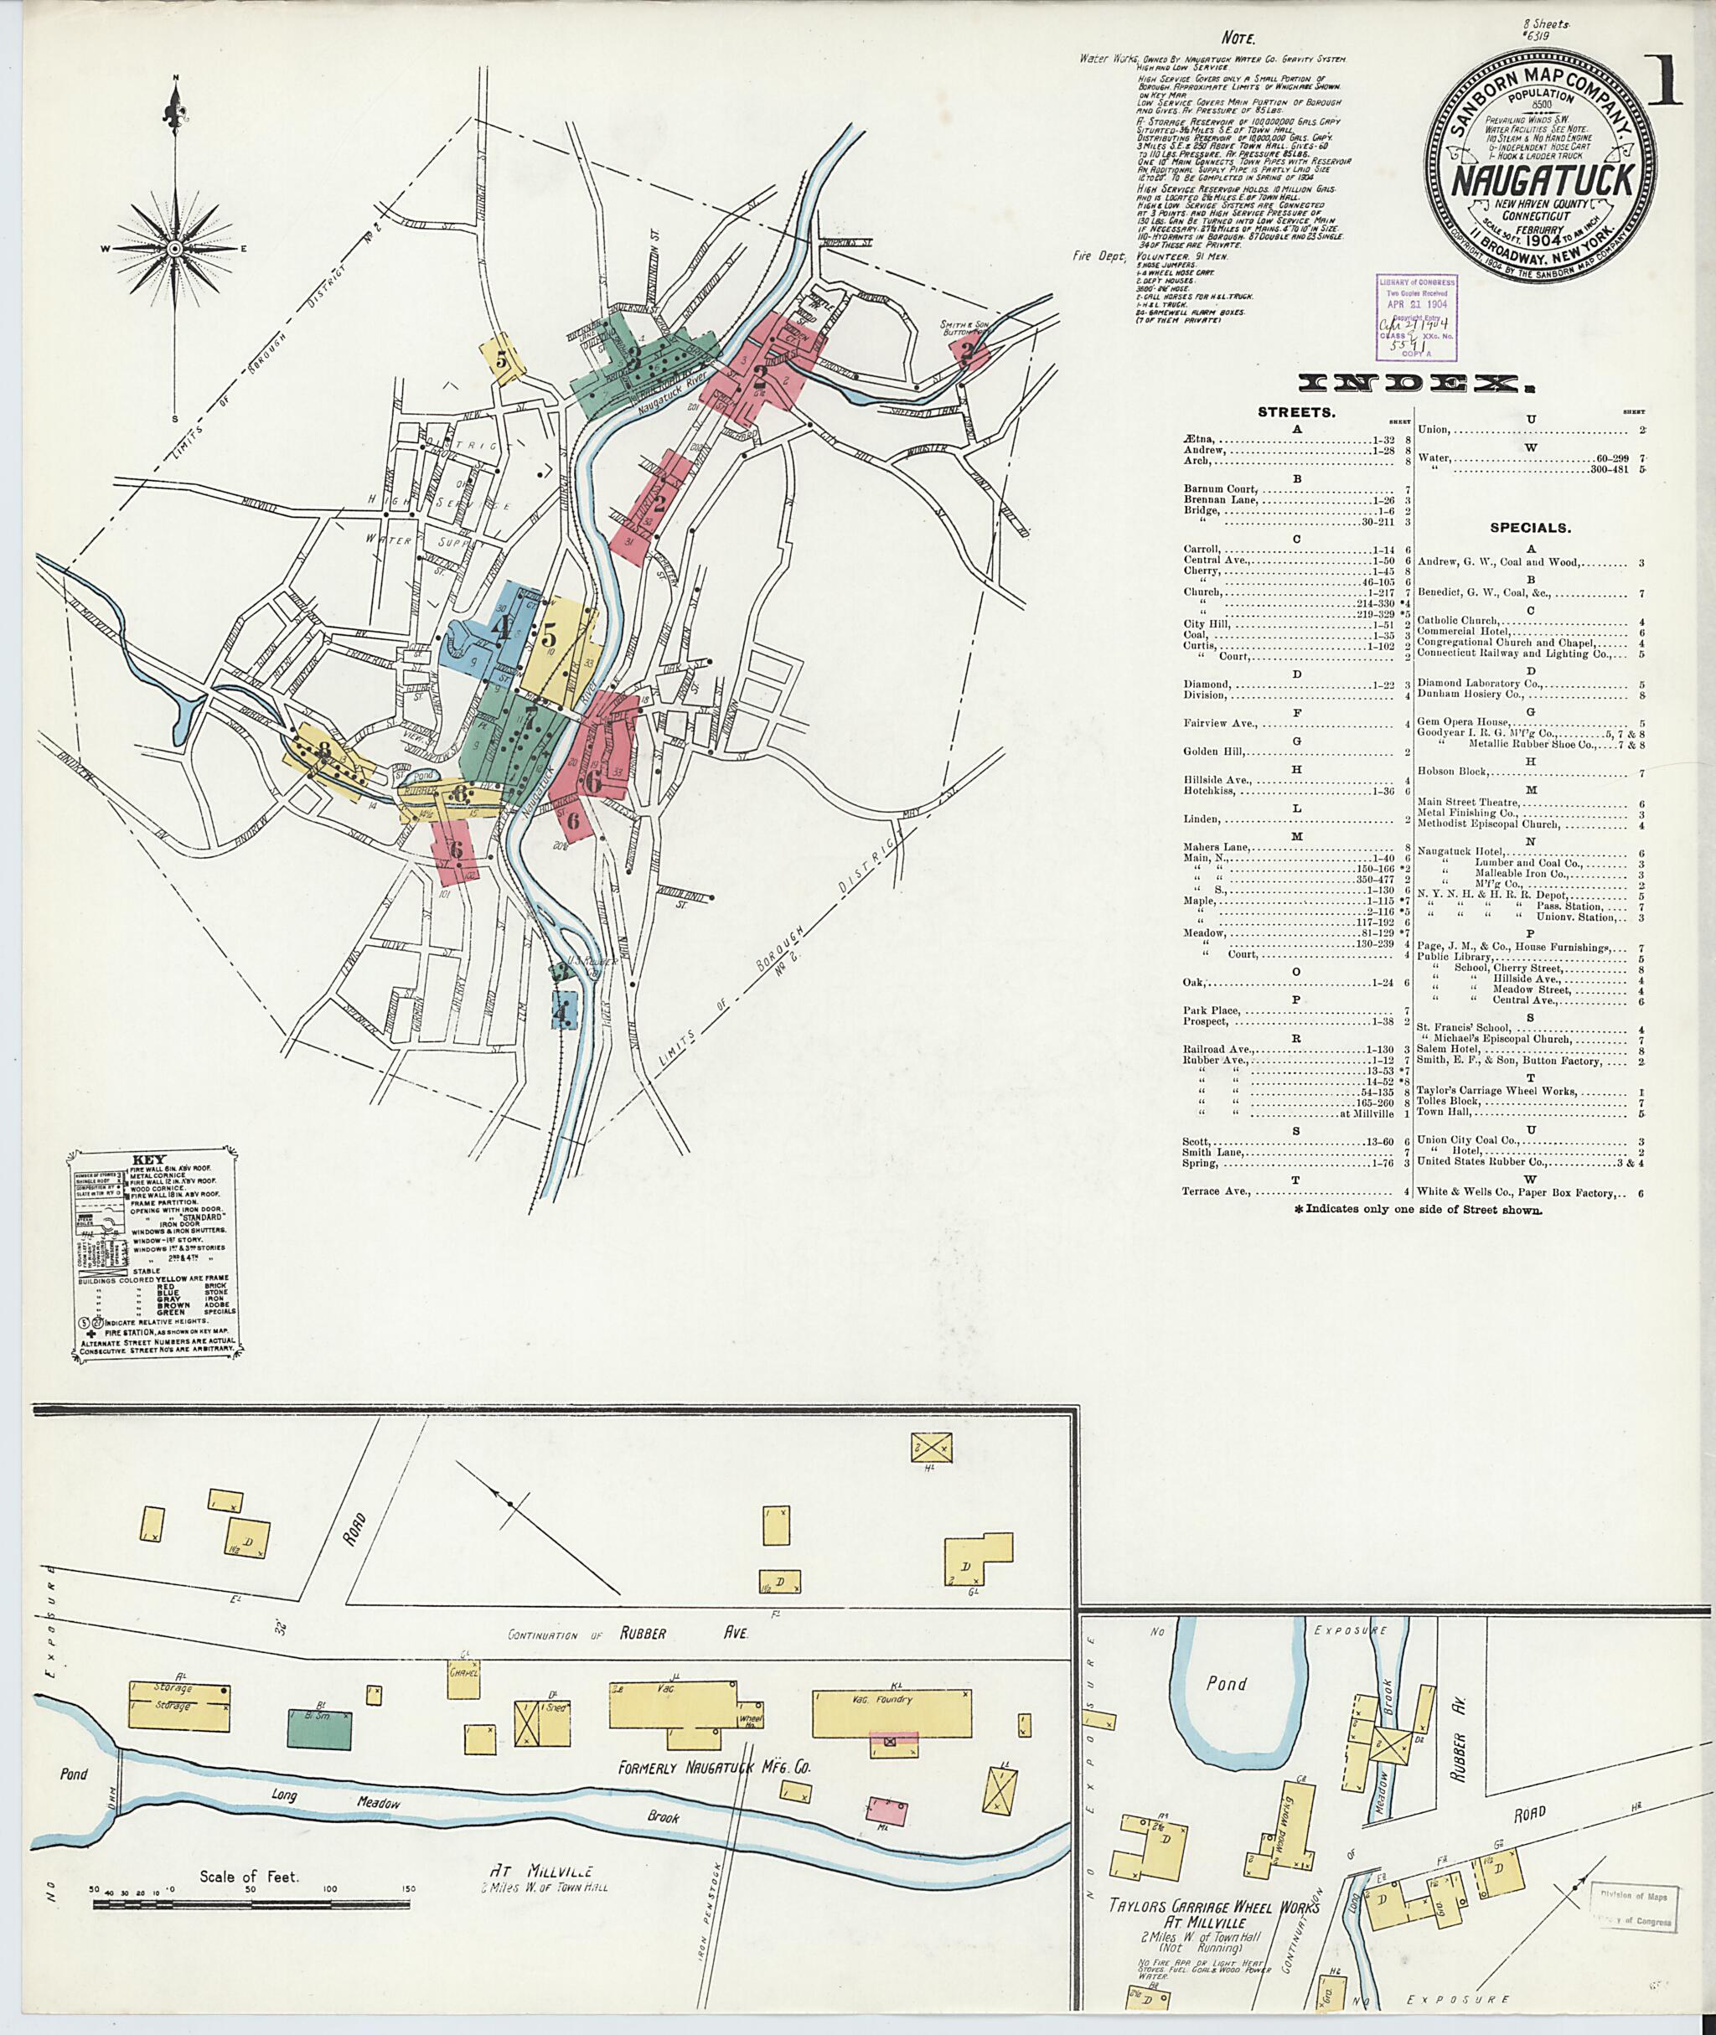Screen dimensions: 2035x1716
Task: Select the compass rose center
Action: tap(175, 249)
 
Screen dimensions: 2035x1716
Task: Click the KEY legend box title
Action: tap(153, 1160)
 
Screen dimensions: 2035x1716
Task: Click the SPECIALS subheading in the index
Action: tap(1530, 528)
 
